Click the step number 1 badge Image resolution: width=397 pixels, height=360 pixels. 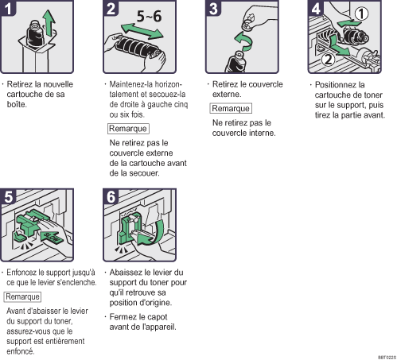[x=8, y=8]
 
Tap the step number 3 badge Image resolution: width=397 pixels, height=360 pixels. [x=213, y=8]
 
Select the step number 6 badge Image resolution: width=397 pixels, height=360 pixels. [x=111, y=196]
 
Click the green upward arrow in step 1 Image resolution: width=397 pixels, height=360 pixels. [x=49, y=23]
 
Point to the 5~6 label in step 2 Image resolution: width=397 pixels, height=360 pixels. [x=149, y=17]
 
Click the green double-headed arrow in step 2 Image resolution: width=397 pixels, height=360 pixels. [x=142, y=31]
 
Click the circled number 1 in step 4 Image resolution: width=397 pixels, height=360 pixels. [x=361, y=14]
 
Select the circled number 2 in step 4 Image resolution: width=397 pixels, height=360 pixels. [x=329, y=60]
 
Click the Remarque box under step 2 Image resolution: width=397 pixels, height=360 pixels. [x=128, y=129]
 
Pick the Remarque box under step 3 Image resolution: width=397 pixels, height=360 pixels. [x=231, y=108]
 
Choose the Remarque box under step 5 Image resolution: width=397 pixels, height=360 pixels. [x=22, y=296]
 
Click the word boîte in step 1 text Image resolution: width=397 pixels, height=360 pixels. [x=17, y=104]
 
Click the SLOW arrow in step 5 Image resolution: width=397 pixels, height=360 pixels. [x=52, y=237]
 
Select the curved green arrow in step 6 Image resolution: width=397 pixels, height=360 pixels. [x=151, y=233]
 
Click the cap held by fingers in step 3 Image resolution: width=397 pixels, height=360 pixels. [x=248, y=22]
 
